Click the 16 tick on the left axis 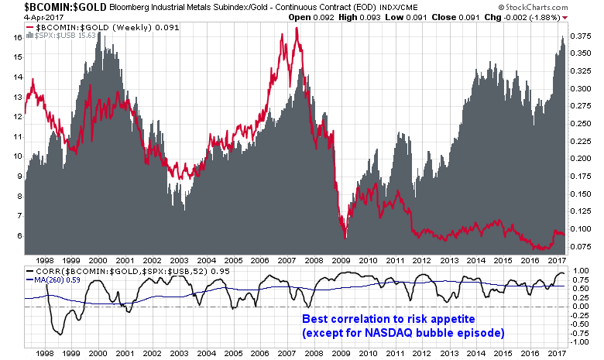click(15, 37)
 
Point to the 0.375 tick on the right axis click(582, 36)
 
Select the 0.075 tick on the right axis click(582, 246)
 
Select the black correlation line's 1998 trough click(58, 334)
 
